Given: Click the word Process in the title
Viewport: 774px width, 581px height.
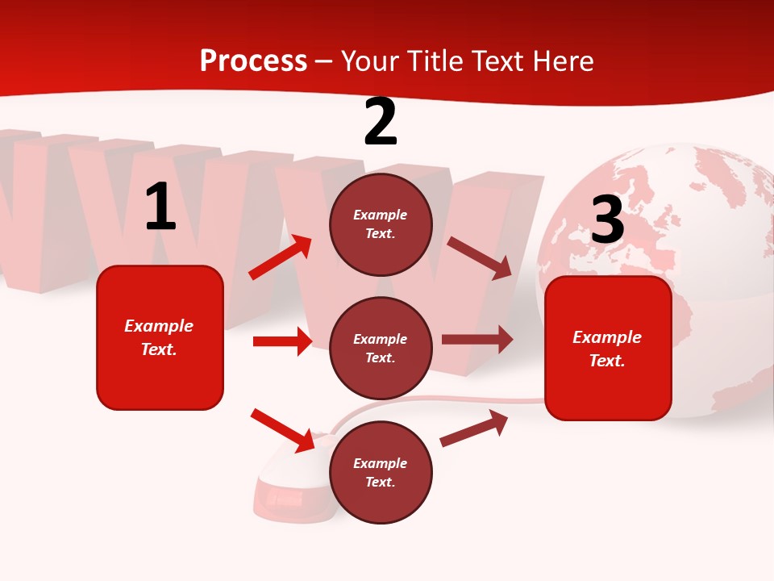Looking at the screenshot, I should pos(253,61).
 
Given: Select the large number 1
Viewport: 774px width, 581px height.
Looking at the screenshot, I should pos(160,207).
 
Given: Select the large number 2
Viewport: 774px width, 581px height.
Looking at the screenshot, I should pos(381,123).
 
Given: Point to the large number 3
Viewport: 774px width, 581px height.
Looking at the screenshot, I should pos(607,219).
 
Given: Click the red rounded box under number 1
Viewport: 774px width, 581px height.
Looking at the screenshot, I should pos(160,379).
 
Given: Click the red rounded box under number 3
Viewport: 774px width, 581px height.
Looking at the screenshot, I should pos(608,391).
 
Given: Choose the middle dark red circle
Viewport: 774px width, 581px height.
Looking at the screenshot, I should pos(381,379).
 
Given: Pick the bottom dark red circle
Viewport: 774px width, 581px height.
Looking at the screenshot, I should pos(381,504).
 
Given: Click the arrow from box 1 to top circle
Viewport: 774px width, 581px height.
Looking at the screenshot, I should pos(281,257).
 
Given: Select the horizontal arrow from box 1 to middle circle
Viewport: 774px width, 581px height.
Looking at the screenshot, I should pos(282,341).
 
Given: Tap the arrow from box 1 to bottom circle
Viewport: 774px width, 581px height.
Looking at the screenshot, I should pos(283,430).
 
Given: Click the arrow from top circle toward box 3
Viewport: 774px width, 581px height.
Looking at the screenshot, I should pos(479,257).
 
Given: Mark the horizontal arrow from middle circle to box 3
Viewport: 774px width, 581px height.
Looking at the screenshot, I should pos(477,339).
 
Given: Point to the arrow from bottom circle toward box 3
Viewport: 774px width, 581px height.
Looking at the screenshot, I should pos(474,428).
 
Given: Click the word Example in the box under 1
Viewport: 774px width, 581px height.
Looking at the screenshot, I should pos(159,326).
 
